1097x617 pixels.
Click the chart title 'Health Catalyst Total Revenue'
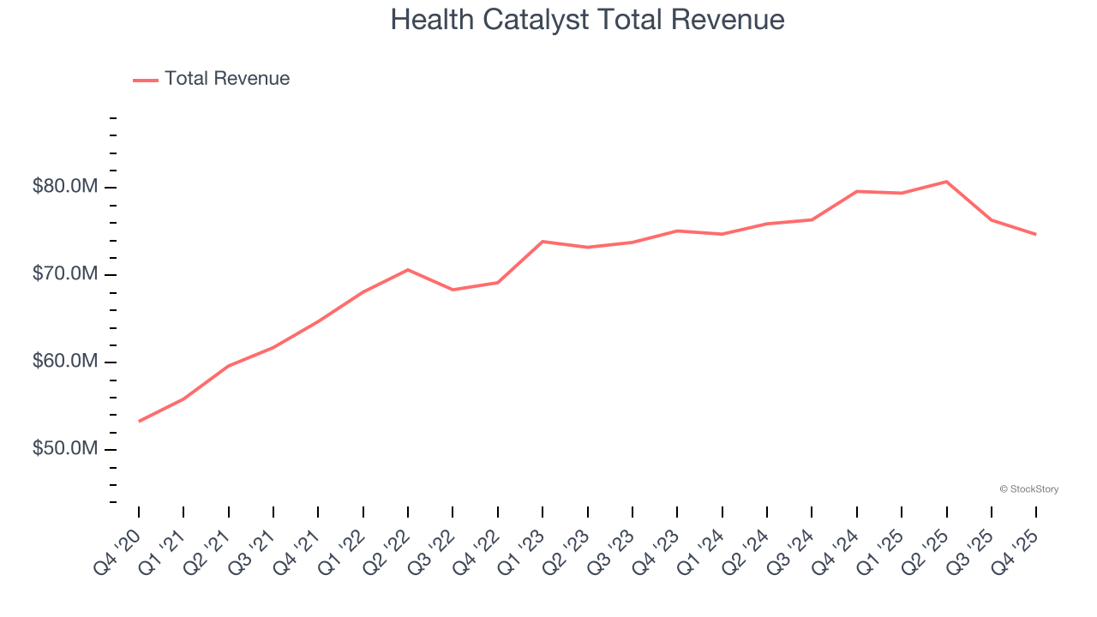point(587,20)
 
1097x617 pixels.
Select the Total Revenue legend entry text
point(227,79)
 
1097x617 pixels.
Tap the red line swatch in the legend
point(146,80)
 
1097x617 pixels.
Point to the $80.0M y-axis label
point(65,187)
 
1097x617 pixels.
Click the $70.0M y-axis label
point(65,274)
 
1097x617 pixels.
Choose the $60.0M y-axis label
point(65,362)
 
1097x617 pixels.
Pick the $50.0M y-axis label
point(65,449)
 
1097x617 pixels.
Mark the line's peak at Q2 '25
point(946,182)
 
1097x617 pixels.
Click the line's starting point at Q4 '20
point(139,421)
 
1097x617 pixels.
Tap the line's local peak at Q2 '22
point(408,270)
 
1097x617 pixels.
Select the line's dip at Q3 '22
point(453,290)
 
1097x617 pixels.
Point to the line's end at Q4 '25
point(1036,234)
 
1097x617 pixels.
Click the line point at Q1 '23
point(543,242)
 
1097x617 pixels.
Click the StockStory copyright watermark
point(1028,489)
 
